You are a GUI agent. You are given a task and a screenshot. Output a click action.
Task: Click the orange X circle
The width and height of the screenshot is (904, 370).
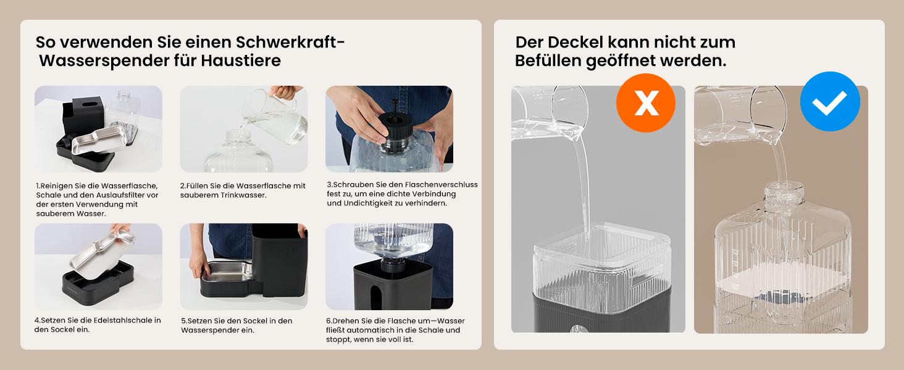[646, 103]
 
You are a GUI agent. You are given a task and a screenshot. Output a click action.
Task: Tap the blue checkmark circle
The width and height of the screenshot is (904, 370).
[830, 102]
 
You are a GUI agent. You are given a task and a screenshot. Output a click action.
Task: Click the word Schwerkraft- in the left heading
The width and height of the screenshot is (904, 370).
[290, 42]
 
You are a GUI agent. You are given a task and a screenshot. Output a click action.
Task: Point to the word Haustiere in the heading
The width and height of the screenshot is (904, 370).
[241, 60]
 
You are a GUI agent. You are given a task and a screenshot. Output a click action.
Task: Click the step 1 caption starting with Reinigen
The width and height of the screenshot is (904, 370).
[98, 200]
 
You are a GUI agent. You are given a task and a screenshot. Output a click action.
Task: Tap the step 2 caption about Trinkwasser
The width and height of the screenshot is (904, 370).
[243, 190]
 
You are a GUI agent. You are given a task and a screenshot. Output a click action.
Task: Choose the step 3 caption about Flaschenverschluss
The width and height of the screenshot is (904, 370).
[403, 194]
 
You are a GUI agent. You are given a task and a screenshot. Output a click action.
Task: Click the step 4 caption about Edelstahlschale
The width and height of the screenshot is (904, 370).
[98, 325]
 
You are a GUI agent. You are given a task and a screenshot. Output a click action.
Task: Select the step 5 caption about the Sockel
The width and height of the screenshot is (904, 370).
[236, 325]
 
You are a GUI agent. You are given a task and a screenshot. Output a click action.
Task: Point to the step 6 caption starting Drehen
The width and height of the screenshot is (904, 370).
[395, 330]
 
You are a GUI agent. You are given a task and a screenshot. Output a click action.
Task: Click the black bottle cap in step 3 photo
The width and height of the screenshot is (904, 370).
[395, 128]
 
